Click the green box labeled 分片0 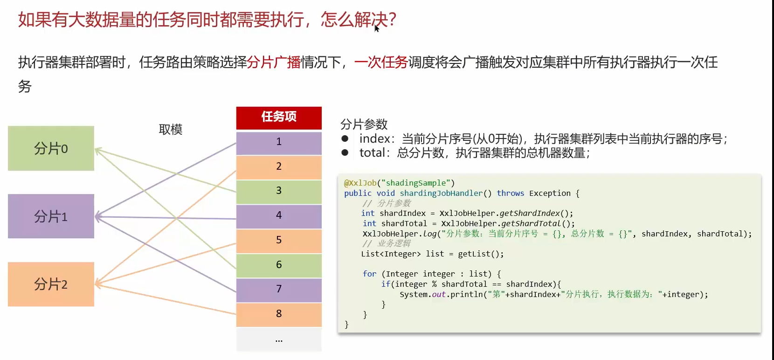coord(51,148)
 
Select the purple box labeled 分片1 coord(51,216)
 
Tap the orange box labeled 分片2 coord(51,284)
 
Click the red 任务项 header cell coord(279,117)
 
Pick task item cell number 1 coord(279,142)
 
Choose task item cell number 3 coord(279,191)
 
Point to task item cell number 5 coord(279,240)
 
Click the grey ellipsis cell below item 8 coord(279,340)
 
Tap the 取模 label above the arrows coord(171,129)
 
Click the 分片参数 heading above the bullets coord(364,125)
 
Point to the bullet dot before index coord(345,138)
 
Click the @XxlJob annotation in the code coord(360,183)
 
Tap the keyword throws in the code coord(510,193)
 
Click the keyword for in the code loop coord(369,274)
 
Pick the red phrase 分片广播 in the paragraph coord(274,62)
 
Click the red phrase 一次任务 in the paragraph coord(381,62)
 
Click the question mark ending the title coord(392,20)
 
